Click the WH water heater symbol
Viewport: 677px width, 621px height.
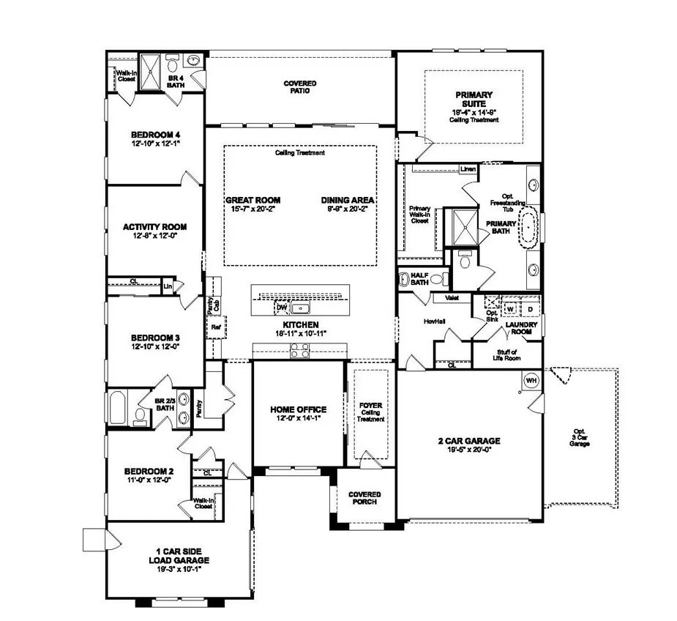point(531,381)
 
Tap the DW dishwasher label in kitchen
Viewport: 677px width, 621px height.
point(282,308)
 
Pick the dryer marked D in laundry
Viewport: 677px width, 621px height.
point(530,310)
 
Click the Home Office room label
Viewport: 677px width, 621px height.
point(298,409)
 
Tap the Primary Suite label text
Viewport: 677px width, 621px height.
point(474,99)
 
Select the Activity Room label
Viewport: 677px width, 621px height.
point(154,227)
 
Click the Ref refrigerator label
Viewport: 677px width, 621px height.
point(216,327)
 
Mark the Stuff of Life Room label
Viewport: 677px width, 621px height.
point(506,355)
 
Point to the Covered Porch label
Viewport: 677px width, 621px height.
point(364,498)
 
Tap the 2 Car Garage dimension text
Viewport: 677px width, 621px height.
point(469,450)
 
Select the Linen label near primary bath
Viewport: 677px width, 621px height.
point(468,170)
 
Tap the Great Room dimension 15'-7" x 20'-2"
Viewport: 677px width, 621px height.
point(253,209)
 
